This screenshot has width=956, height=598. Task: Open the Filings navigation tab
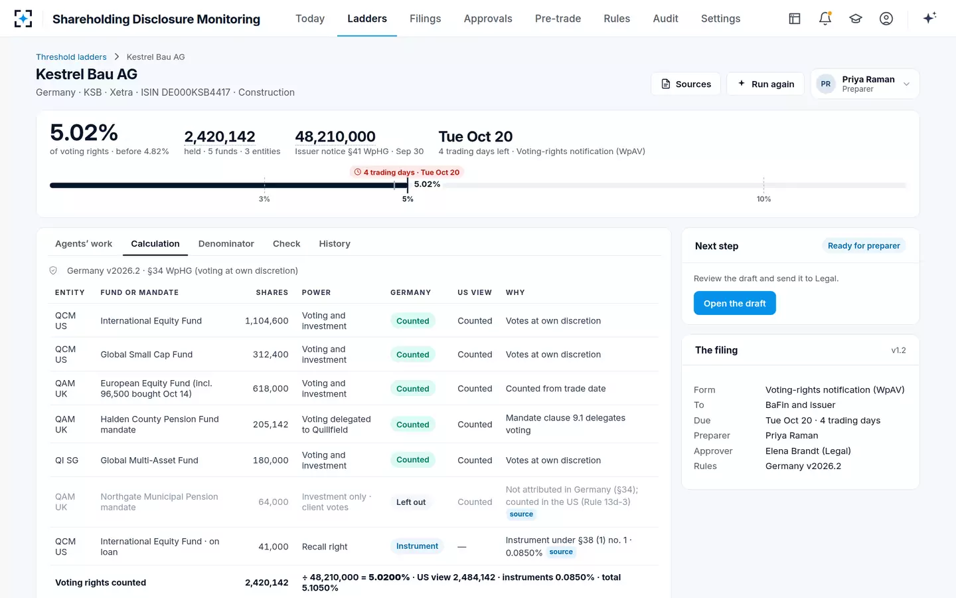pos(425,19)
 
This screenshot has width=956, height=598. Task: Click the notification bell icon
pos(825,19)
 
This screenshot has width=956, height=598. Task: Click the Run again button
pos(765,84)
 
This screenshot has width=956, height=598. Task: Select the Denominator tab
pos(226,244)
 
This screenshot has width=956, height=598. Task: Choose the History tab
pos(335,244)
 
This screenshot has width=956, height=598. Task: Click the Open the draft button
pos(734,303)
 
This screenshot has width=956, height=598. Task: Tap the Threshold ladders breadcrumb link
pos(71,57)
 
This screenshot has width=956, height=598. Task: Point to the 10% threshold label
pos(763,199)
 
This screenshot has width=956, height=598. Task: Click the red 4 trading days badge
pos(407,172)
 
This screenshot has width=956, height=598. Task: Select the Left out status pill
pos(410,502)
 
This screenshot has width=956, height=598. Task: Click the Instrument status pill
pos(417,546)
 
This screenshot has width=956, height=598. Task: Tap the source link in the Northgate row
pos(521,514)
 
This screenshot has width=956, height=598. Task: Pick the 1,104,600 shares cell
pos(266,321)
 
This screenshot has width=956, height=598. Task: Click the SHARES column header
pos(272,292)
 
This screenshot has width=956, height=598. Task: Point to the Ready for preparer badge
pos(864,246)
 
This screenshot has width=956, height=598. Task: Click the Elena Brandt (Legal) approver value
pos(808,451)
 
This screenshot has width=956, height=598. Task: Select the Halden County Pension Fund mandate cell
pos(159,425)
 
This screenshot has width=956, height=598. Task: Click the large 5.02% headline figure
pos(84,132)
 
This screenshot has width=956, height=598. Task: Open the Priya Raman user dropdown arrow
pos(906,84)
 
